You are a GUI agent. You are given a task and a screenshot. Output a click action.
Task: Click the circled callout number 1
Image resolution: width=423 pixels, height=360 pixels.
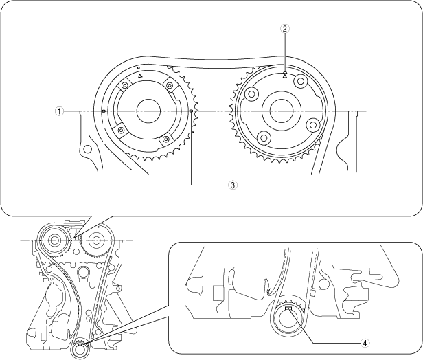[x=59, y=111]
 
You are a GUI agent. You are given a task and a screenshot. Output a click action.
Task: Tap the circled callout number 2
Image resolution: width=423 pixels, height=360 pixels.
[x=285, y=28]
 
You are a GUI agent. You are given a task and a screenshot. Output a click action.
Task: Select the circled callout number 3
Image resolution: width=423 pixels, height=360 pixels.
[x=233, y=185]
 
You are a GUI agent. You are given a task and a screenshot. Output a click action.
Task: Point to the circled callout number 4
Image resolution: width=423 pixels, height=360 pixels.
[x=365, y=343]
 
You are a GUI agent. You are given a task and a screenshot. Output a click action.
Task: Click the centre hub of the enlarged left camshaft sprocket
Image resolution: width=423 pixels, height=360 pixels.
[x=148, y=111]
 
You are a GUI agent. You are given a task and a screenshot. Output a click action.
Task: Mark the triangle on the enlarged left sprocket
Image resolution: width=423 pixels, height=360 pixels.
[x=140, y=76]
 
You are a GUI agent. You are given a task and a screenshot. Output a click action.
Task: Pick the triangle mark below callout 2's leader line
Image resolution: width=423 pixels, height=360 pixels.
[x=285, y=77]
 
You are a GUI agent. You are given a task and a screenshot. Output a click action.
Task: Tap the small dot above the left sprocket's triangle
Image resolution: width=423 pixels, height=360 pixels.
[x=139, y=67]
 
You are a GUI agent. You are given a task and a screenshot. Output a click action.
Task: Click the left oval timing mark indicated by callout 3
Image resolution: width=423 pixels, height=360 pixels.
[x=103, y=111]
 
